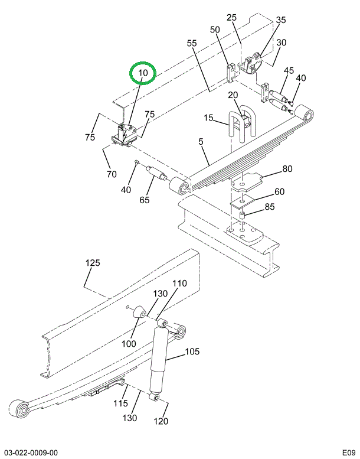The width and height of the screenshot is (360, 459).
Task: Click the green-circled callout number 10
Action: click(143, 72)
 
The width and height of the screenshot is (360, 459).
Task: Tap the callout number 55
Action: click(192, 43)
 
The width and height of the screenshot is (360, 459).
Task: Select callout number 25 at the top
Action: click(231, 18)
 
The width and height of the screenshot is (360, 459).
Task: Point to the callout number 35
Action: click(281, 20)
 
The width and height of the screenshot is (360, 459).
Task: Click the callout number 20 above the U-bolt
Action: click(233, 95)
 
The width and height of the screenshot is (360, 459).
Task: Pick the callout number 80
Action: click(287, 169)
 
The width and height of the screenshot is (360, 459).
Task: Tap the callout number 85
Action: click(270, 207)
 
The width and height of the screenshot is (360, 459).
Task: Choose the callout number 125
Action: click(93, 262)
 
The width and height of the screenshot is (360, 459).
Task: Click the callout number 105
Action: click(192, 351)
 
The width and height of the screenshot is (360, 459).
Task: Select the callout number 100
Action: click(129, 343)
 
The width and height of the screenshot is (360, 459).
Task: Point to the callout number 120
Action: click(161, 421)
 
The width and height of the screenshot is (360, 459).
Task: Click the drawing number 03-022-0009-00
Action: click(31, 453)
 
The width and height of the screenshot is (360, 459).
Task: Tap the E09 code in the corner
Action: click(349, 453)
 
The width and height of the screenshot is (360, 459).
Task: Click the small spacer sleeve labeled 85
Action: click(242, 216)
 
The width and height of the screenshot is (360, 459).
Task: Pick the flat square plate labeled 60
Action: click(243, 201)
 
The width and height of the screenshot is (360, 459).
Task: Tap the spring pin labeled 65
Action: click(156, 172)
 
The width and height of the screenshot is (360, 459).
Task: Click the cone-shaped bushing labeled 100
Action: click(139, 313)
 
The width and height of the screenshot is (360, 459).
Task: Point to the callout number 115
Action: click(121, 403)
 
